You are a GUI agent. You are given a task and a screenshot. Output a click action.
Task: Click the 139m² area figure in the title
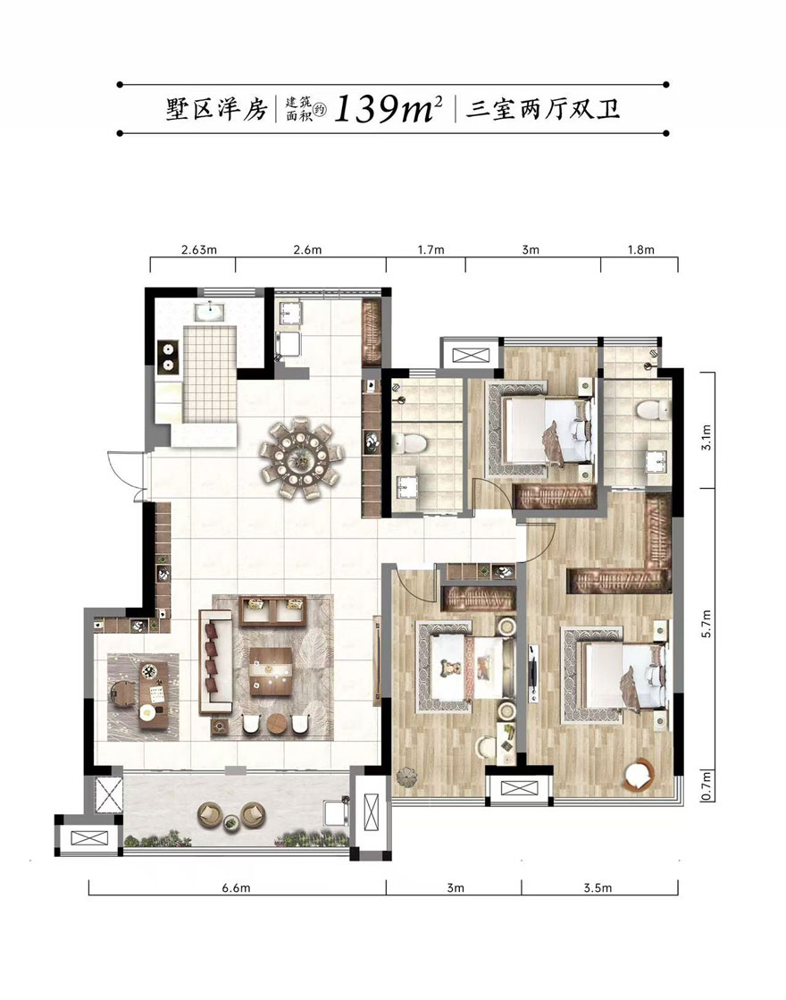point(389,109)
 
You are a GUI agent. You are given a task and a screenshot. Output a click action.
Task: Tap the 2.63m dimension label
point(199,249)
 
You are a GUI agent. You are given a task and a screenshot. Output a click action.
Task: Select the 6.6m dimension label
point(237,887)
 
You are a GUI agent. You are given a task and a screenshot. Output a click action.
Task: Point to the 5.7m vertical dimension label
point(706,624)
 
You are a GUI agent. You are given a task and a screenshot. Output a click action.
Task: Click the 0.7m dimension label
point(706,786)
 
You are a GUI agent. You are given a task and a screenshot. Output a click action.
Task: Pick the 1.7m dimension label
point(431,249)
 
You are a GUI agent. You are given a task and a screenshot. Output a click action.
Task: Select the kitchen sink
point(209,311)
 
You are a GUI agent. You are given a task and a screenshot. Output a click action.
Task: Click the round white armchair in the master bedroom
point(639,774)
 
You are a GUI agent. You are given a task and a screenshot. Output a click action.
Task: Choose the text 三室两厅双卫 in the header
point(543,109)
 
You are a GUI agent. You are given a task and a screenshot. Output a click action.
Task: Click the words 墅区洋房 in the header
point(217,109)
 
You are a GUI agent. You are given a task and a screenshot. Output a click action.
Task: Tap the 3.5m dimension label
point(598,887)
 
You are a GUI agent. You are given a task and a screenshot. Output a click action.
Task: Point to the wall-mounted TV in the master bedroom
point(533,674)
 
